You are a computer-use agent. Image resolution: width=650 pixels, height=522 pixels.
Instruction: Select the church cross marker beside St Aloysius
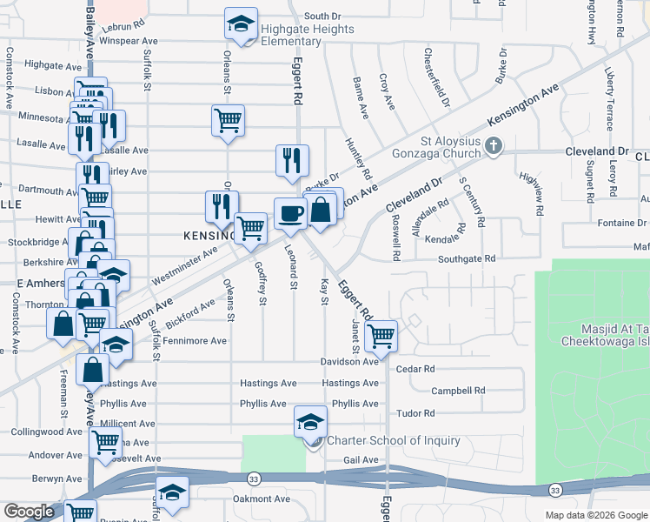(x=494, y=145)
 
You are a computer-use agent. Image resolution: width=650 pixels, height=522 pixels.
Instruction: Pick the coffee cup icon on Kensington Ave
(x=290, y=212)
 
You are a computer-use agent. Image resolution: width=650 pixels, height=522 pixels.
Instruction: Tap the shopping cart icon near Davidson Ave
(x=381, y=335)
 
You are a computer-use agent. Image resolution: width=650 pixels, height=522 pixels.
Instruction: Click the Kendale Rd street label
(x=441, y=237)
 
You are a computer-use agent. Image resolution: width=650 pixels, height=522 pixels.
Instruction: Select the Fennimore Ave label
(x=195, y=341)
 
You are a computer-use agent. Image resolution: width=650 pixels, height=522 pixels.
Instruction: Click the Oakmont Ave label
(x=262, y=499)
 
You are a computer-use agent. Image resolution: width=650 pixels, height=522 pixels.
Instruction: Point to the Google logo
(x=29, y=512)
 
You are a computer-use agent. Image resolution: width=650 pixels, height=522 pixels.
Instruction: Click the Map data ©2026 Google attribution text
(x=595, y=515)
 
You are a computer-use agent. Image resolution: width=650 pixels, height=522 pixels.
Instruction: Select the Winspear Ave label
(x=128, y=41)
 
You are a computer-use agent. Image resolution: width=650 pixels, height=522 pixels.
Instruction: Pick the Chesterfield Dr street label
(x=437, y=84)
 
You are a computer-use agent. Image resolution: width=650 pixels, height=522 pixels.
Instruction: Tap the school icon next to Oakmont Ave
(x=172, y=492)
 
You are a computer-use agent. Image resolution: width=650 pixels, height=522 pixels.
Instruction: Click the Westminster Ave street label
(x=183, y=267)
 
